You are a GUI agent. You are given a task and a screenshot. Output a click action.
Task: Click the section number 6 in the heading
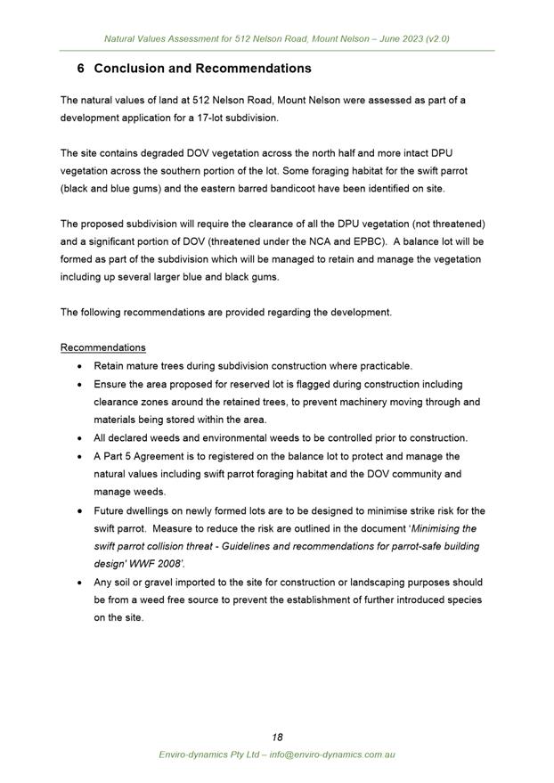click(x=81, y=69)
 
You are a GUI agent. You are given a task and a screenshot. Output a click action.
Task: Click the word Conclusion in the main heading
click(x=131, y=69)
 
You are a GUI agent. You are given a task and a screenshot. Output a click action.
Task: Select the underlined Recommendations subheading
click(x=103, y=347)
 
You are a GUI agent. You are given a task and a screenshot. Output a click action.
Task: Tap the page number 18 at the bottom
click(x=277, y=737)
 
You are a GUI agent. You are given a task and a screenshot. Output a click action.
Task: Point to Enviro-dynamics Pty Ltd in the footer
click(x=208, y=754)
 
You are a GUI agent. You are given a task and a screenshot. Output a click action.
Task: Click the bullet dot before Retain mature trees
click(x=82, y=366)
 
